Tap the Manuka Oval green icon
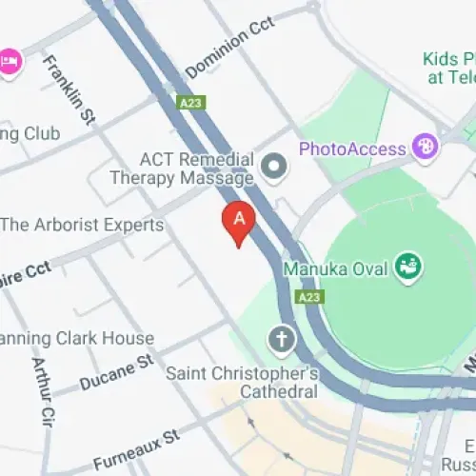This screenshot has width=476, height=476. (409, 268)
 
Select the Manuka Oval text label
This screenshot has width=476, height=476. (336, 269)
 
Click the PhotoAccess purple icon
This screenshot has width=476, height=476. (426, 148)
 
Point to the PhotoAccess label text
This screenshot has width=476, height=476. (355, 149)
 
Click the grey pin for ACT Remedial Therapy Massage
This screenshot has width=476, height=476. (275, 168)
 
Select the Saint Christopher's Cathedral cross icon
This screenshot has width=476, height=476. (281, 338)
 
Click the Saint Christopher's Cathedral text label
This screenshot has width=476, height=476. (242, 382)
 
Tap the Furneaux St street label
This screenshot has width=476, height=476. (136, 442)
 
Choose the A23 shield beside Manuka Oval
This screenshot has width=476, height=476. (308, 298)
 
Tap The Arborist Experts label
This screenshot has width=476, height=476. (82, 226)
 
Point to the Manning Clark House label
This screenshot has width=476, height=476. (76, 338)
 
